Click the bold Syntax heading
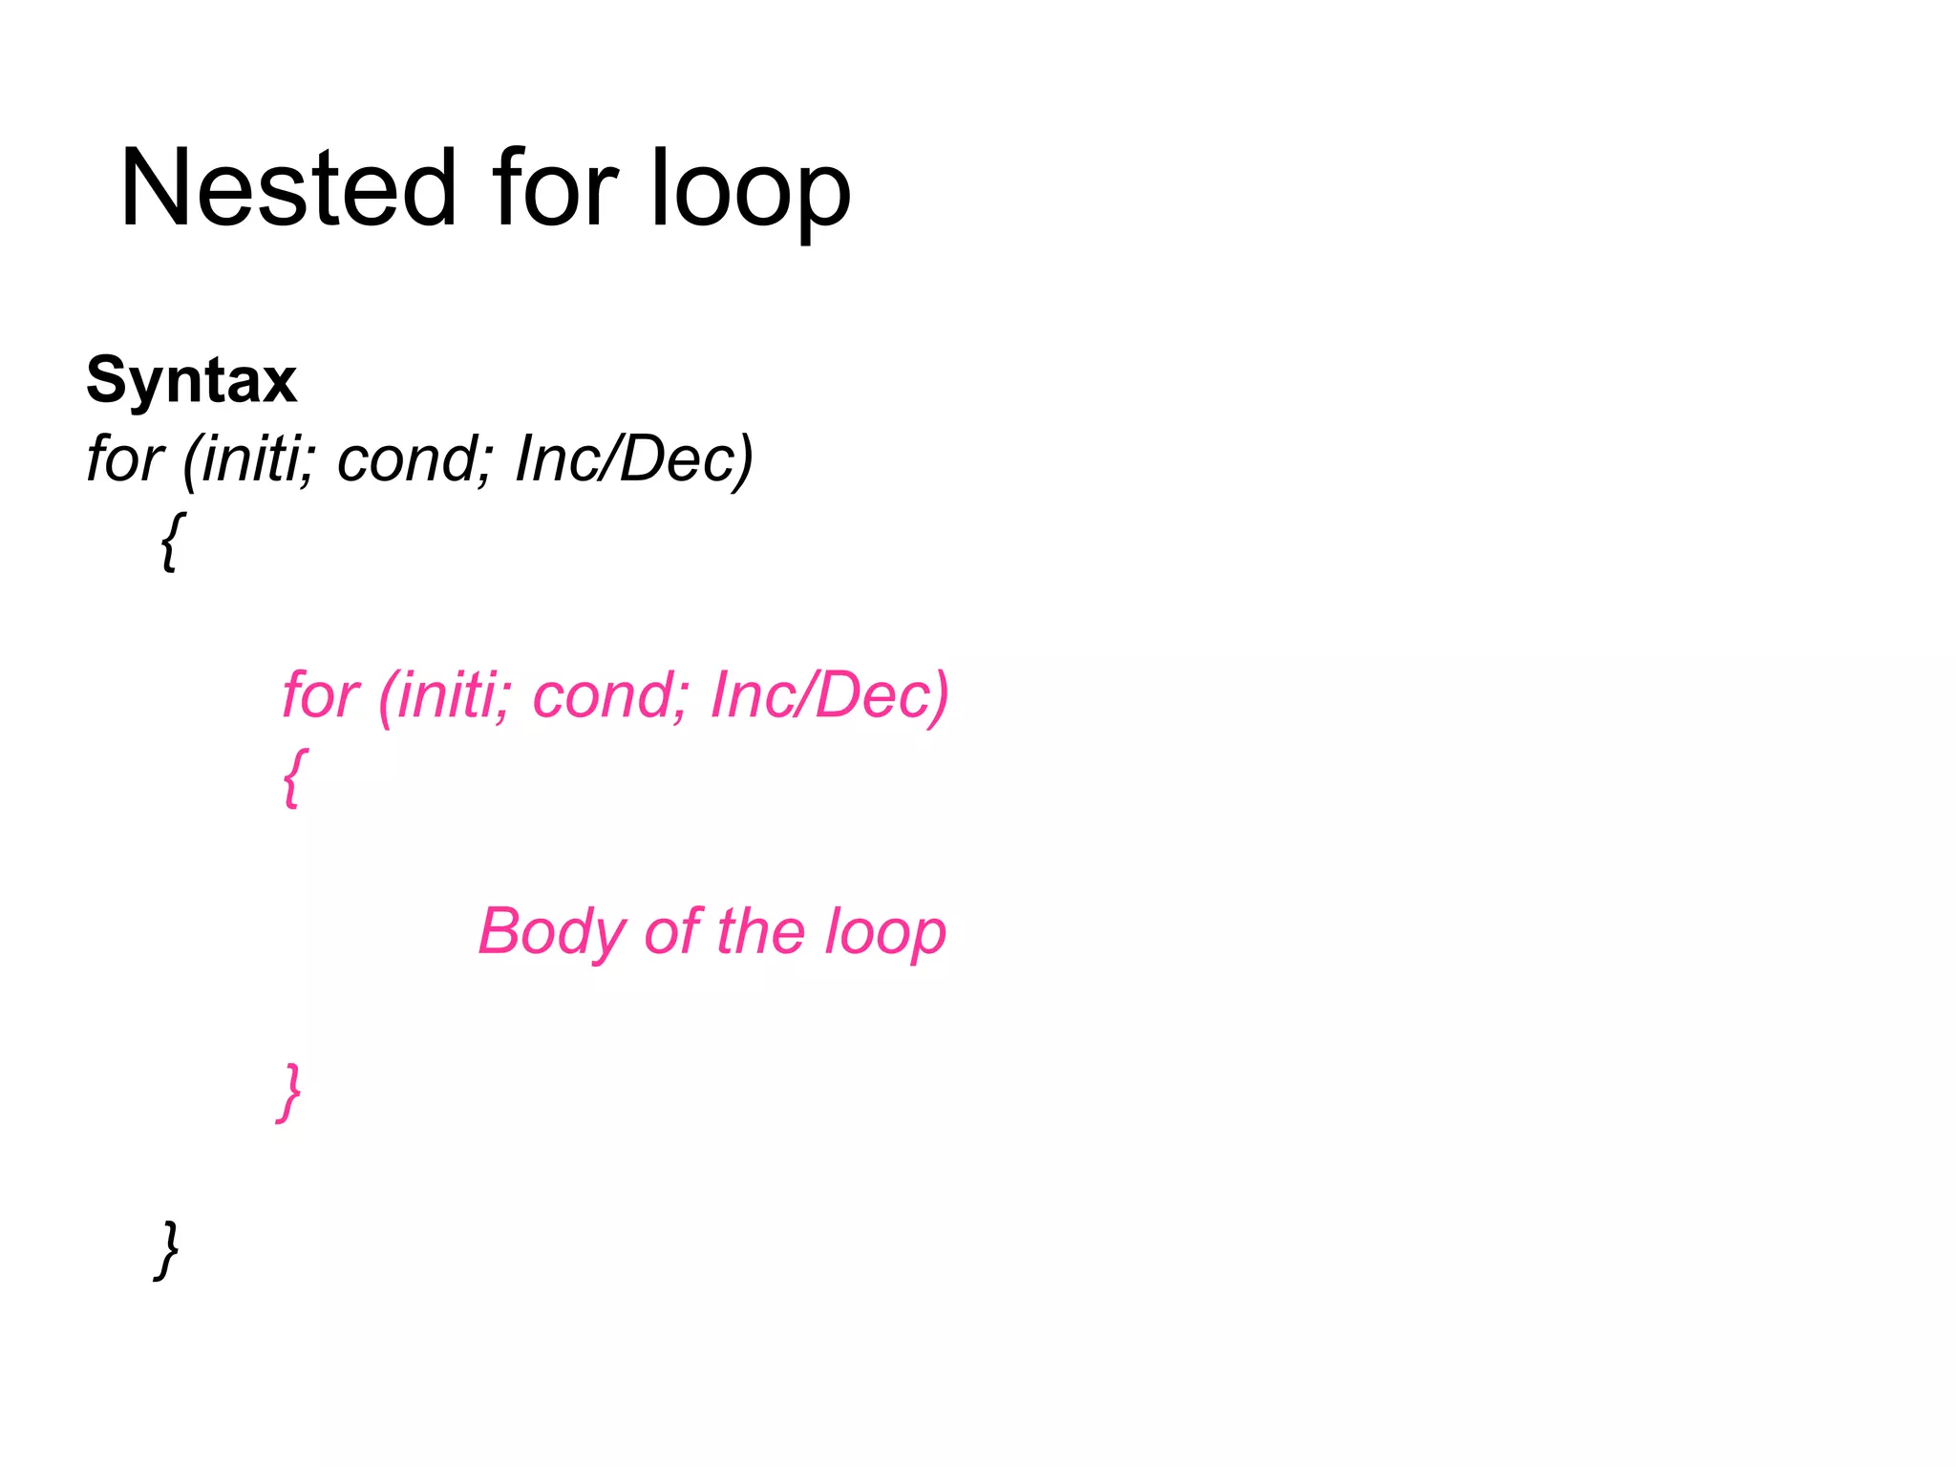pos(191,380)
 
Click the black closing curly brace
pos(167,1249)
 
